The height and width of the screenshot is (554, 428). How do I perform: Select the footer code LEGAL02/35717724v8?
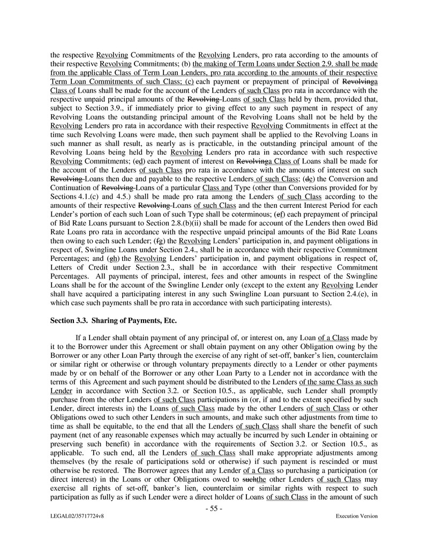click(75, 516)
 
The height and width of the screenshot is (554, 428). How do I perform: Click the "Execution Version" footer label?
click(356, 516)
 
